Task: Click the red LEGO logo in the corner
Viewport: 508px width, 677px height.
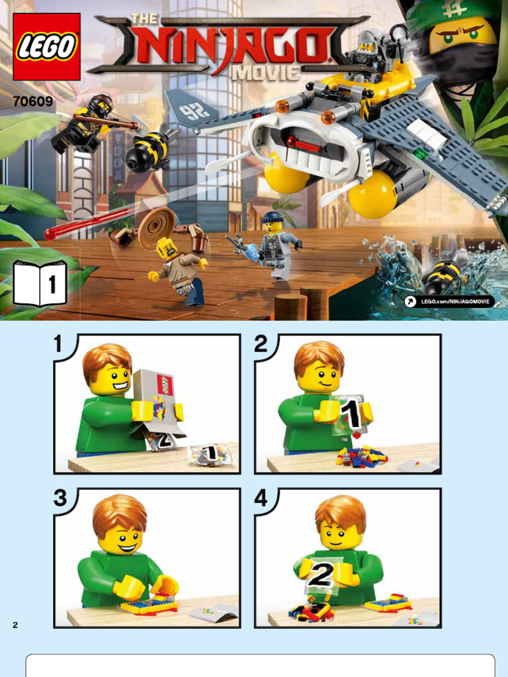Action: (x=47, y=47)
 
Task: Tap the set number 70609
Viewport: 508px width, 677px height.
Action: (x=32, y=101)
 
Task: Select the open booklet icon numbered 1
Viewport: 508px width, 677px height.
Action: (x=40, y=284)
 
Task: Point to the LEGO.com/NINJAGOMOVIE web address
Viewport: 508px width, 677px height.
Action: (x=450, y=301)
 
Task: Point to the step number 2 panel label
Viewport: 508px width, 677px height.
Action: (x=261, y=344)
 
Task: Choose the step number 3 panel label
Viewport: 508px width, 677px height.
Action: (x=60, y=498)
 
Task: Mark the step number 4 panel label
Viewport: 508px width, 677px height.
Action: (x=261, y=498)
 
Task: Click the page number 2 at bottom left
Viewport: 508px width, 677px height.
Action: (x=16, y=624)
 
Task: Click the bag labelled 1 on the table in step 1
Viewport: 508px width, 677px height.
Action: (x=211, y=454)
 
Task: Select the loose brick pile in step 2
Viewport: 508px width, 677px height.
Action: (x=360, y=456)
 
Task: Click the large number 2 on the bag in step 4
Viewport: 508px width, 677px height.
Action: (x=321, y=575)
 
